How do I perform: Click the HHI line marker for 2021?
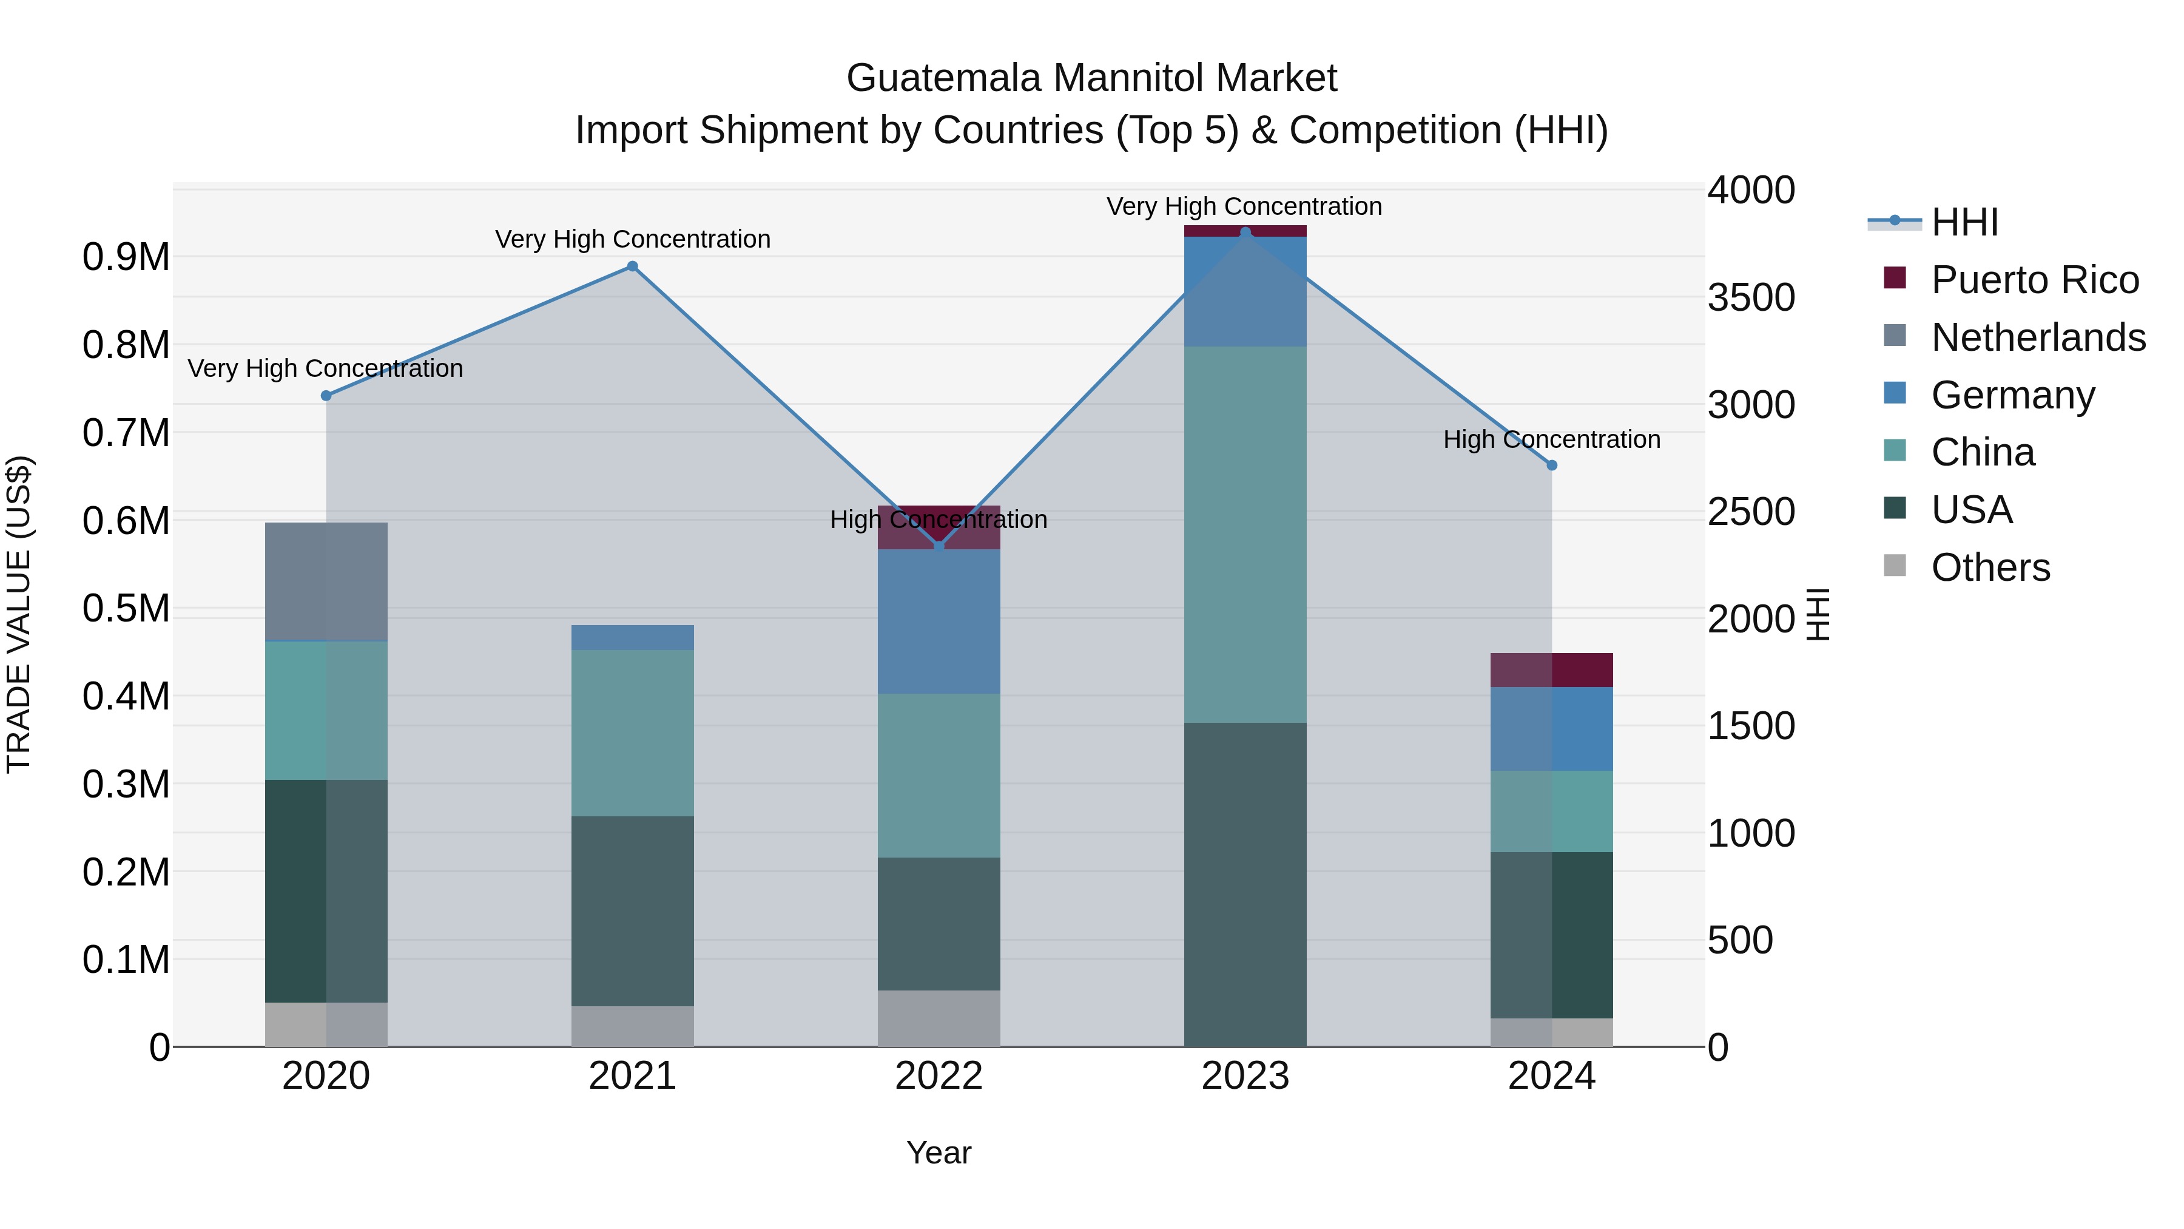pos(633,266)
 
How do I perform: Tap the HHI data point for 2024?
pos(1551,465)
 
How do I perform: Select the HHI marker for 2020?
pos(326,395)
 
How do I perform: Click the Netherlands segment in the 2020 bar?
pos(326,582)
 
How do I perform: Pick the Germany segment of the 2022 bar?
pos(939,621)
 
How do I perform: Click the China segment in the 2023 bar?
pos(1245,534)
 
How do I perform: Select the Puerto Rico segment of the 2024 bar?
pos(1551,670)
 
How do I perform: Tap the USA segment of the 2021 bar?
pos(633,911)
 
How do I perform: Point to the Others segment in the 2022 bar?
pos(939,1018)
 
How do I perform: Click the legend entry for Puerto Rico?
pos(2035,280)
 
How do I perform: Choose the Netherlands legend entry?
pos(2038,337)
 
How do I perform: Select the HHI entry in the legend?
pos(1964,222)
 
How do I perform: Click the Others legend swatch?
pos(1895,566)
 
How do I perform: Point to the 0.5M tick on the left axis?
pos(126,608)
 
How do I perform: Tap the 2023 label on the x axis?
pos(1245,1076)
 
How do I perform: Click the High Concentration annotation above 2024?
pos(1551,439)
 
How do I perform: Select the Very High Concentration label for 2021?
pos(633,239)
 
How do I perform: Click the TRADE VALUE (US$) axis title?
pos(19,614)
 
